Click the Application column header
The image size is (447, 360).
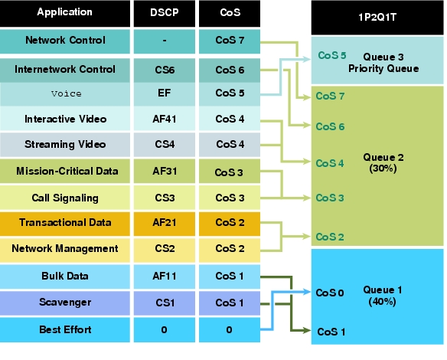pos(65,14)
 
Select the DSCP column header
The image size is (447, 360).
pos(165,14)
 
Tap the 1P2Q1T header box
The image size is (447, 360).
pos(377,18)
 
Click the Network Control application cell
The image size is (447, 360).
pos(65,41)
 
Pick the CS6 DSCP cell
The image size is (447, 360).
pos(165,70)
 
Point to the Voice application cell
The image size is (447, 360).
pos(65,94)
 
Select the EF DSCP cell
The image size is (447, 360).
pos(165,94)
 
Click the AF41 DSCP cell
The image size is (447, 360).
pos(165,119)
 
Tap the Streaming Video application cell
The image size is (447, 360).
pos(65,145)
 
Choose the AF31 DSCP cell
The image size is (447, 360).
pos(165,171)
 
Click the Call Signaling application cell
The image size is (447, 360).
pos(65,198)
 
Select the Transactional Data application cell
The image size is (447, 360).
pos(65,224)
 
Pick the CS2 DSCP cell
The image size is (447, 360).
pos(165,250)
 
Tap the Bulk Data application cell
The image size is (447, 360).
pos(65,277)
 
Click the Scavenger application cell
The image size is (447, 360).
pos(65,303)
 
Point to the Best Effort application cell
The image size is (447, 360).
pos(65,330)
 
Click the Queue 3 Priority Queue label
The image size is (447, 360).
pos(383,63)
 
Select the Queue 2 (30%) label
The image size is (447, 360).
pos(383,163)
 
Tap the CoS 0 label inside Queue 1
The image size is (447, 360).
pos(330,293)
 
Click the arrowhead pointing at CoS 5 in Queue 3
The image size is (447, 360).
pos(307,59)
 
